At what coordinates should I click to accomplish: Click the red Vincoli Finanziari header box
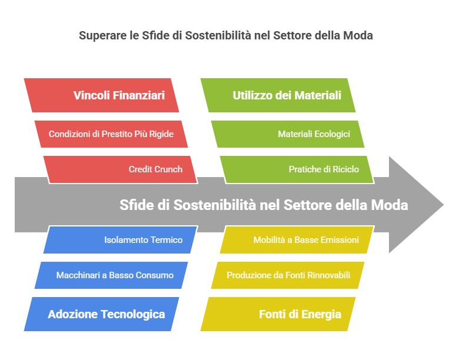[x=101, y=95]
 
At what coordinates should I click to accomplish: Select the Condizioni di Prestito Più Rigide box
[x=111, y=134]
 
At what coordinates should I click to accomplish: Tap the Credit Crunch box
[x=121, y=169]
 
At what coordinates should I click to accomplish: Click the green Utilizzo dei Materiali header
[x=278, y=95]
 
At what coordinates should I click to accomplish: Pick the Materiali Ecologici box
[x=288, y=134]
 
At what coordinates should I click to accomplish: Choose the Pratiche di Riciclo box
[x=297, y=169]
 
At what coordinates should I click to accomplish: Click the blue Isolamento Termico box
[x=121, y=240]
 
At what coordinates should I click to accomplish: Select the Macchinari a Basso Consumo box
[x=111, y=275]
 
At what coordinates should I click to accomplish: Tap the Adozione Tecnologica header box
[x=101, y=314]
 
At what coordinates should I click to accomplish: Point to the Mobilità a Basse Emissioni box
[x=297, y=240]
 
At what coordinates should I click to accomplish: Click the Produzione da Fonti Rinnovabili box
[x=288, y=275]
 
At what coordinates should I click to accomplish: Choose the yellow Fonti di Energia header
[x=278, y=314]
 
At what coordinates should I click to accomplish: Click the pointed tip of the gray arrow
[x=444, y=205]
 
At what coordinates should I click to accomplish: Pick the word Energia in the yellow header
[x=321, y=314]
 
